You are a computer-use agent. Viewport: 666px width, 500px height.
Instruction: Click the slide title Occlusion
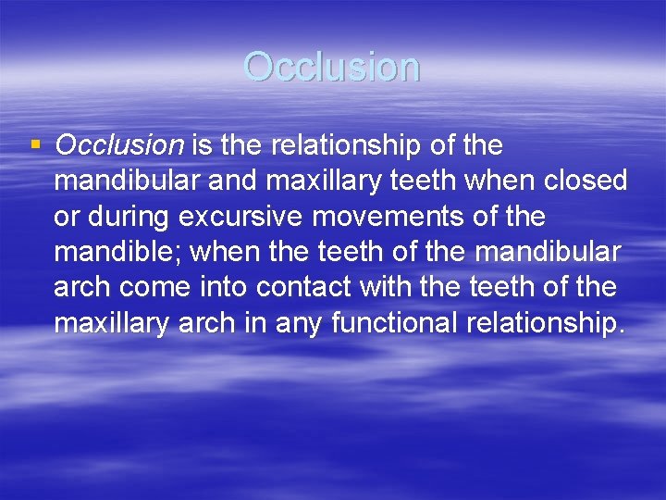coord(332,67)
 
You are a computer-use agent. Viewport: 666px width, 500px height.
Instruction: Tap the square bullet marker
coord(35,144)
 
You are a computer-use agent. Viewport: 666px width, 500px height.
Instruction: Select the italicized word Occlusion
coord(120,145)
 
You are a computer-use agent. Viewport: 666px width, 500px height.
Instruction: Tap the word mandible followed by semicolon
coord(117,252)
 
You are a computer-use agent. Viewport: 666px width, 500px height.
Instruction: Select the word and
coord(232,181)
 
